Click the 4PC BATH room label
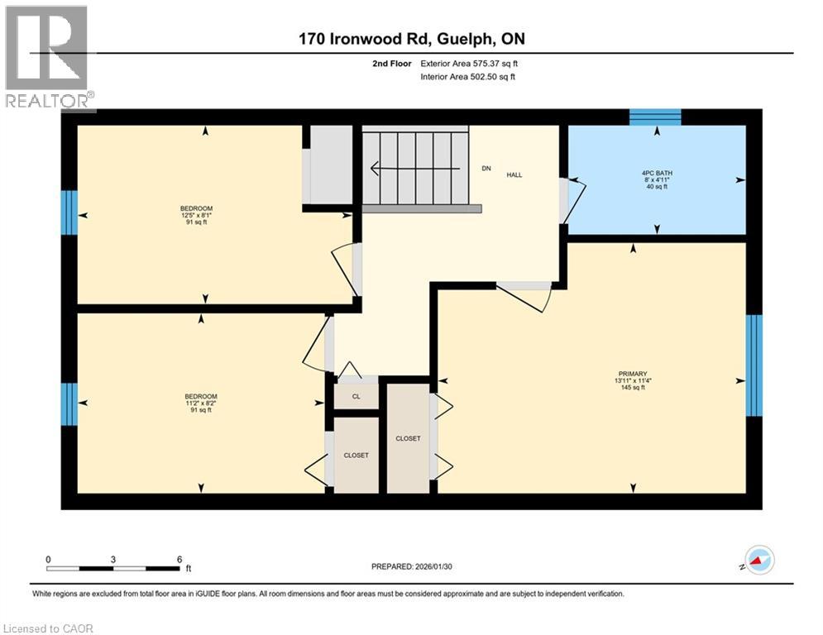click(x=657, y=173)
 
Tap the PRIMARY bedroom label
click(x=633, y=374)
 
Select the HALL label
click(x=514, y=174)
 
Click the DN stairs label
click(x=486, y=169)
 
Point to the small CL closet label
click(x=356, y=396)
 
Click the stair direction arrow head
click(x=375, y=169)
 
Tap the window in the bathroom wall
click(x=655, y=117)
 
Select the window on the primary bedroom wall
click(x=754, y=365)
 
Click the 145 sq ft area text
click(x=633, y=388)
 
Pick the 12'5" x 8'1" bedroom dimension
click(x=196, y=215)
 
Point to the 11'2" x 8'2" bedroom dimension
click(x=200, y=403)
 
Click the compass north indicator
click(x=759, y=560)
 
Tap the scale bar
click(x=112, y=568)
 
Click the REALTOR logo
click(x=47, y=57)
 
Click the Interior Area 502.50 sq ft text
click(x=467, y=77)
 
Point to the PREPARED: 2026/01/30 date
click(x=412, y=566)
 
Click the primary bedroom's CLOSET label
click(x=408, y=438)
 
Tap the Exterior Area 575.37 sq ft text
click(x=469, y=64)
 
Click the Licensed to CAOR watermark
click(x=48, y=628)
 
